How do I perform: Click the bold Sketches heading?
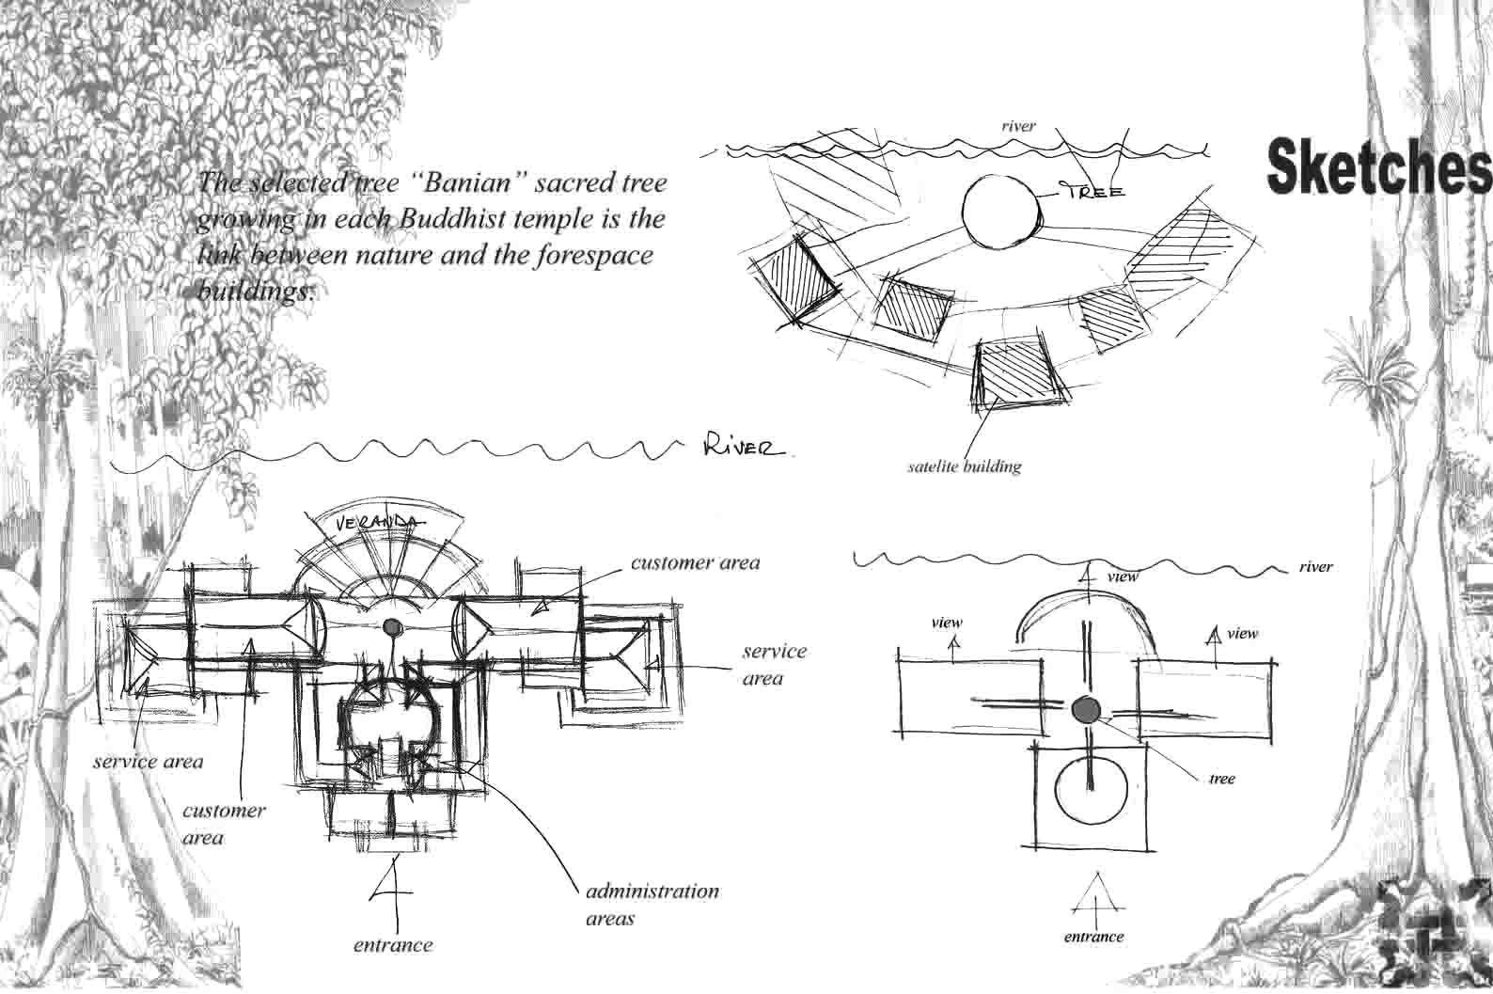(x=1377, y=166)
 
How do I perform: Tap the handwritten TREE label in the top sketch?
(x=1093, y=191)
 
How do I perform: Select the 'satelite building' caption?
(x=965, y=465)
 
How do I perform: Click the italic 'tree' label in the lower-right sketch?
(x=1221, y=779)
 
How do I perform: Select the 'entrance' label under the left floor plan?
(x=393, y=944)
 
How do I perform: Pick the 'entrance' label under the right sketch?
(x=1093, y=937)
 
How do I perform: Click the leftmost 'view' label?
(x=946, y=623)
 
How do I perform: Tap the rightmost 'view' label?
(x=1242, y=633)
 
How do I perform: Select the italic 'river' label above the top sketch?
(x=1018, y=125)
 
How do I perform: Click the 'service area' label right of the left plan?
(x=775, y=663)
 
